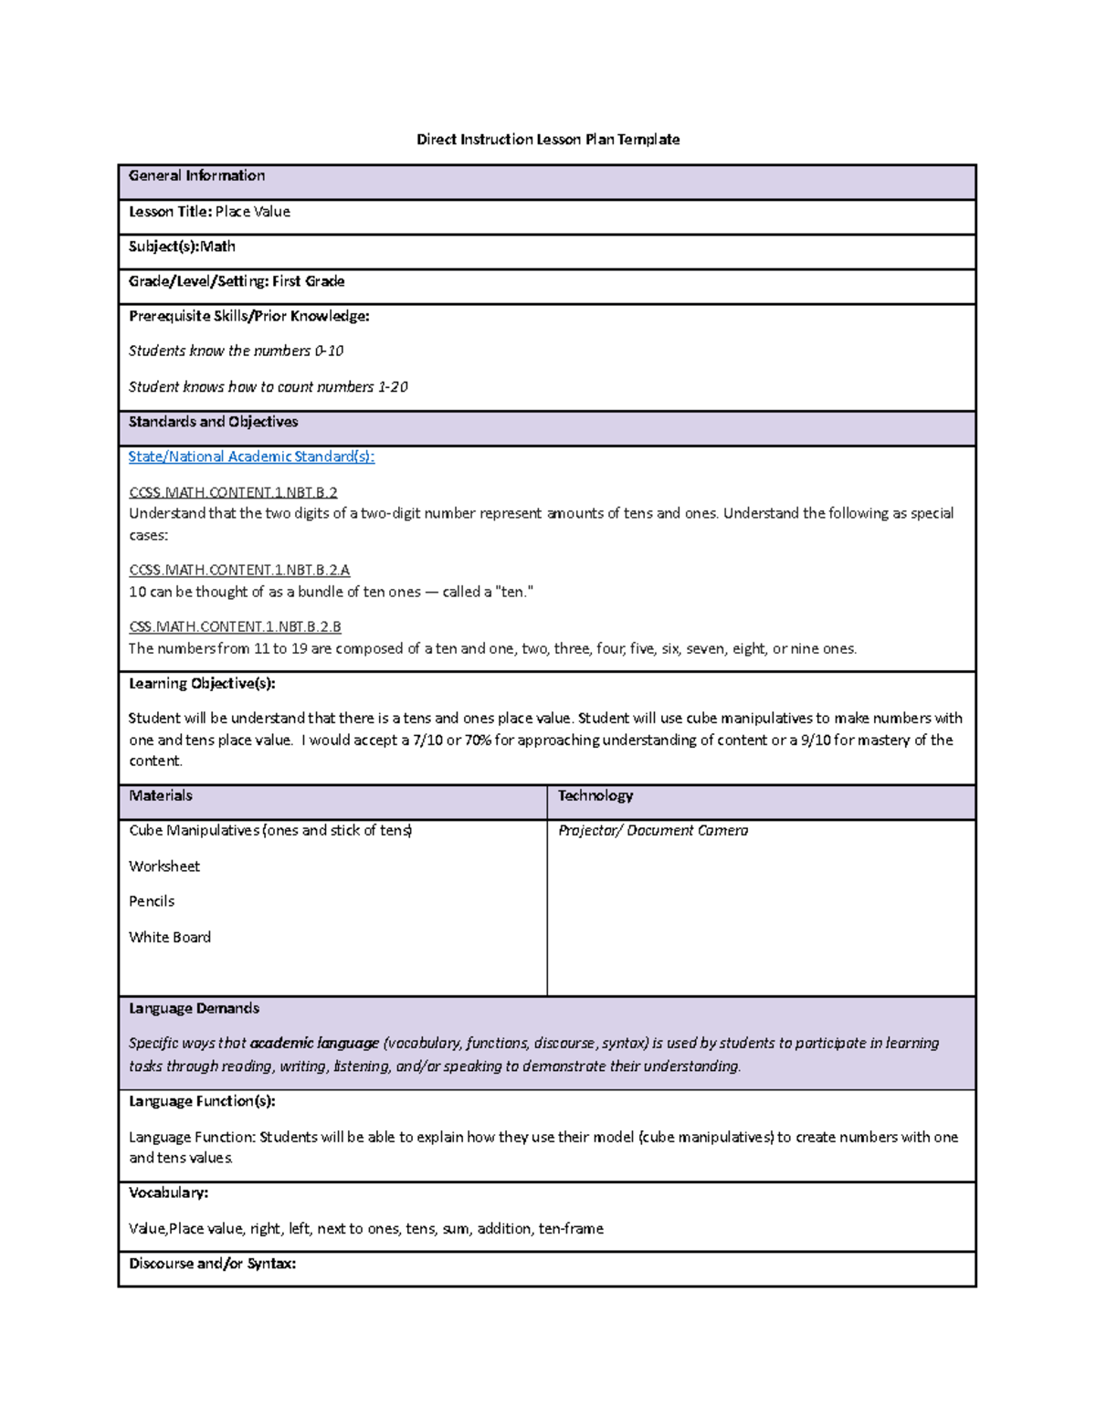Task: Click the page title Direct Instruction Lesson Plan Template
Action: click(548, 140)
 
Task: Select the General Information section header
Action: click(196, 175)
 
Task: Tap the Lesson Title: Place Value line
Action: click(209, 212)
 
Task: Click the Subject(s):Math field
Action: click(182, 247)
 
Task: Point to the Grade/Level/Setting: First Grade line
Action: click(237, 281)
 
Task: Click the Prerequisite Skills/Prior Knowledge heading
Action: click(248, 316)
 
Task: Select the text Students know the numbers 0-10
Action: click(236, 351)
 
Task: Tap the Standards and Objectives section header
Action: click(213, 422)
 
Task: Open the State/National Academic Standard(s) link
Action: click(251, 457)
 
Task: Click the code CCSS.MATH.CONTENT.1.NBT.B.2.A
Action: click(239, 570)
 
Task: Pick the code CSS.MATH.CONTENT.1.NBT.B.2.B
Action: click(235, 626)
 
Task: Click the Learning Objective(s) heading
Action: click(202, 683)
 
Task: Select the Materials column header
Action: click(161, 795)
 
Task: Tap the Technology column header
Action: click(595, 795)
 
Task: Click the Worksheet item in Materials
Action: click(164, 866)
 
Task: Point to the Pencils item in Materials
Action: click(152, 901)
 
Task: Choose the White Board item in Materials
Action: click(170, 937)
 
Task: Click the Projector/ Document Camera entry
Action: click(653, 830)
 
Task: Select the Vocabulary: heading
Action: click(168, 1192)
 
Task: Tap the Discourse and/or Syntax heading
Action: click(212, 1264)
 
